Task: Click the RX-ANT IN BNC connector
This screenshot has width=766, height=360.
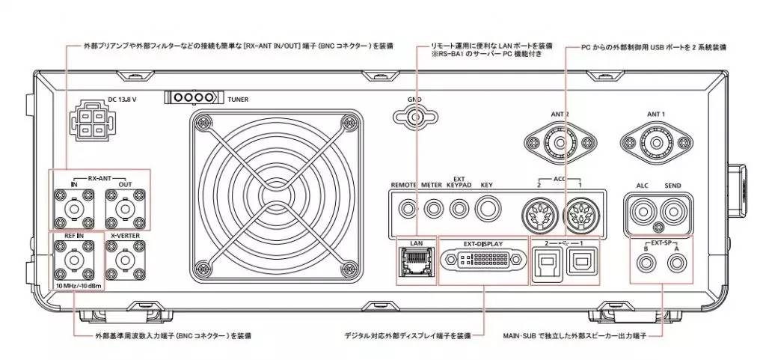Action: tap(75, 205)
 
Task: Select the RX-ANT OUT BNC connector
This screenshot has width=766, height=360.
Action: tap(124, 205)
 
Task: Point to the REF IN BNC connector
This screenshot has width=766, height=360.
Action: tap(75, 260)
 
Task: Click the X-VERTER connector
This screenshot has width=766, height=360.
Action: tap(124, 260)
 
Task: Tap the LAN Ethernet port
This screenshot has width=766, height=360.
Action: tap(413, 261)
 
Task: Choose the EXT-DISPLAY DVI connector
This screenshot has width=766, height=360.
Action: tap(483, 260)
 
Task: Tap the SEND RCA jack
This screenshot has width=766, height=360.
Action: tap(672, 211)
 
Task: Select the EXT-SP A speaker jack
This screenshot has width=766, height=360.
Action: tap(677, 263)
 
